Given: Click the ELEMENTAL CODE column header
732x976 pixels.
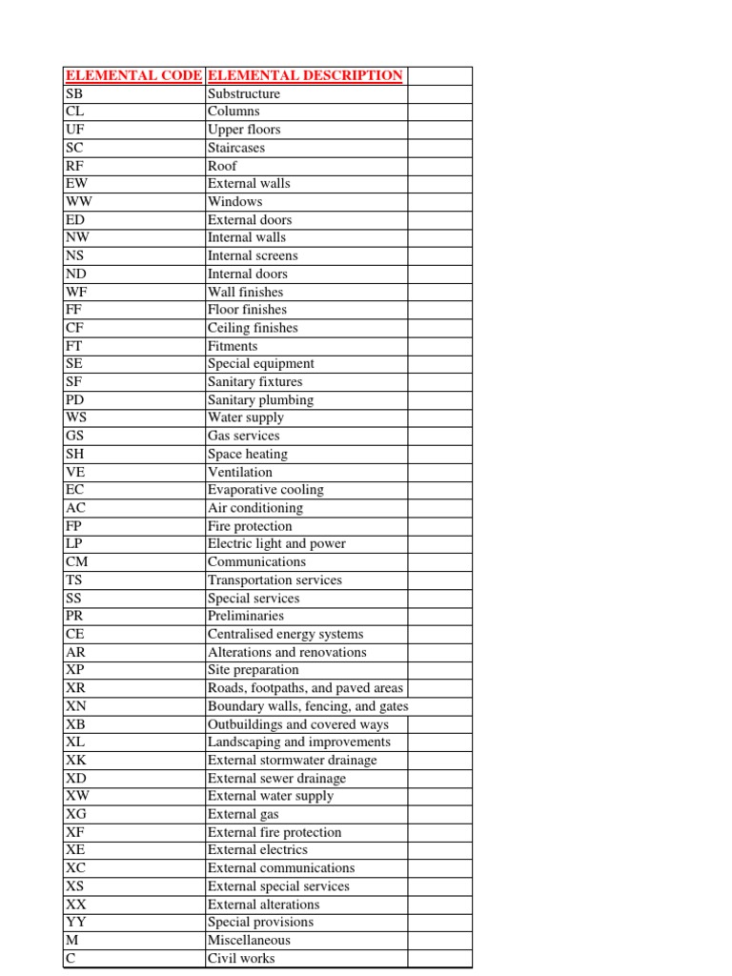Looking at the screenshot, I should point(132,76).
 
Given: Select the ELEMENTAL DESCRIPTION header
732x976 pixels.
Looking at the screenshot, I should point(305,76).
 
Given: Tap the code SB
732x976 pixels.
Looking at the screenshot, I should point(74,94).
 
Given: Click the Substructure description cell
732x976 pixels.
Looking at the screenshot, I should point(244,94).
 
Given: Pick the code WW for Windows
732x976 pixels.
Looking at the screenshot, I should point(78,202).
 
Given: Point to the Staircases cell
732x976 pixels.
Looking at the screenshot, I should point(236,148).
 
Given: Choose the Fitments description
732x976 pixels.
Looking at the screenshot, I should point(233,346).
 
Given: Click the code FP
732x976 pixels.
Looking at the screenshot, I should point(73,526).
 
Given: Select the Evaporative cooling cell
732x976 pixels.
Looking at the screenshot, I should point(266,490).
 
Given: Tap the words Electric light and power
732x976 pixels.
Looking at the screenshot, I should point(276,544).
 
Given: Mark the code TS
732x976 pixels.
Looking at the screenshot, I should point(74,579).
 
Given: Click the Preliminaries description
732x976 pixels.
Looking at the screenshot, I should point(246,616).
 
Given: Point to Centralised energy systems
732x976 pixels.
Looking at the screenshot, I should point(285,634).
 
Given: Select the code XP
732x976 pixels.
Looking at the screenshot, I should point(75,670).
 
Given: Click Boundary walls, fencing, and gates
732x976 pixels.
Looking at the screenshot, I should point(308,706).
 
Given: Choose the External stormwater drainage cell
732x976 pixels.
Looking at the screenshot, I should point(292,760).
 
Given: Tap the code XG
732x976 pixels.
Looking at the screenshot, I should point(76,814).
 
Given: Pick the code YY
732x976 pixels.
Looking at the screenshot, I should point(76,922).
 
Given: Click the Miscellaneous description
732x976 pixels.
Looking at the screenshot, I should point(249,940).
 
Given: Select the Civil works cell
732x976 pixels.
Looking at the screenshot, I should point(241,958).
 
